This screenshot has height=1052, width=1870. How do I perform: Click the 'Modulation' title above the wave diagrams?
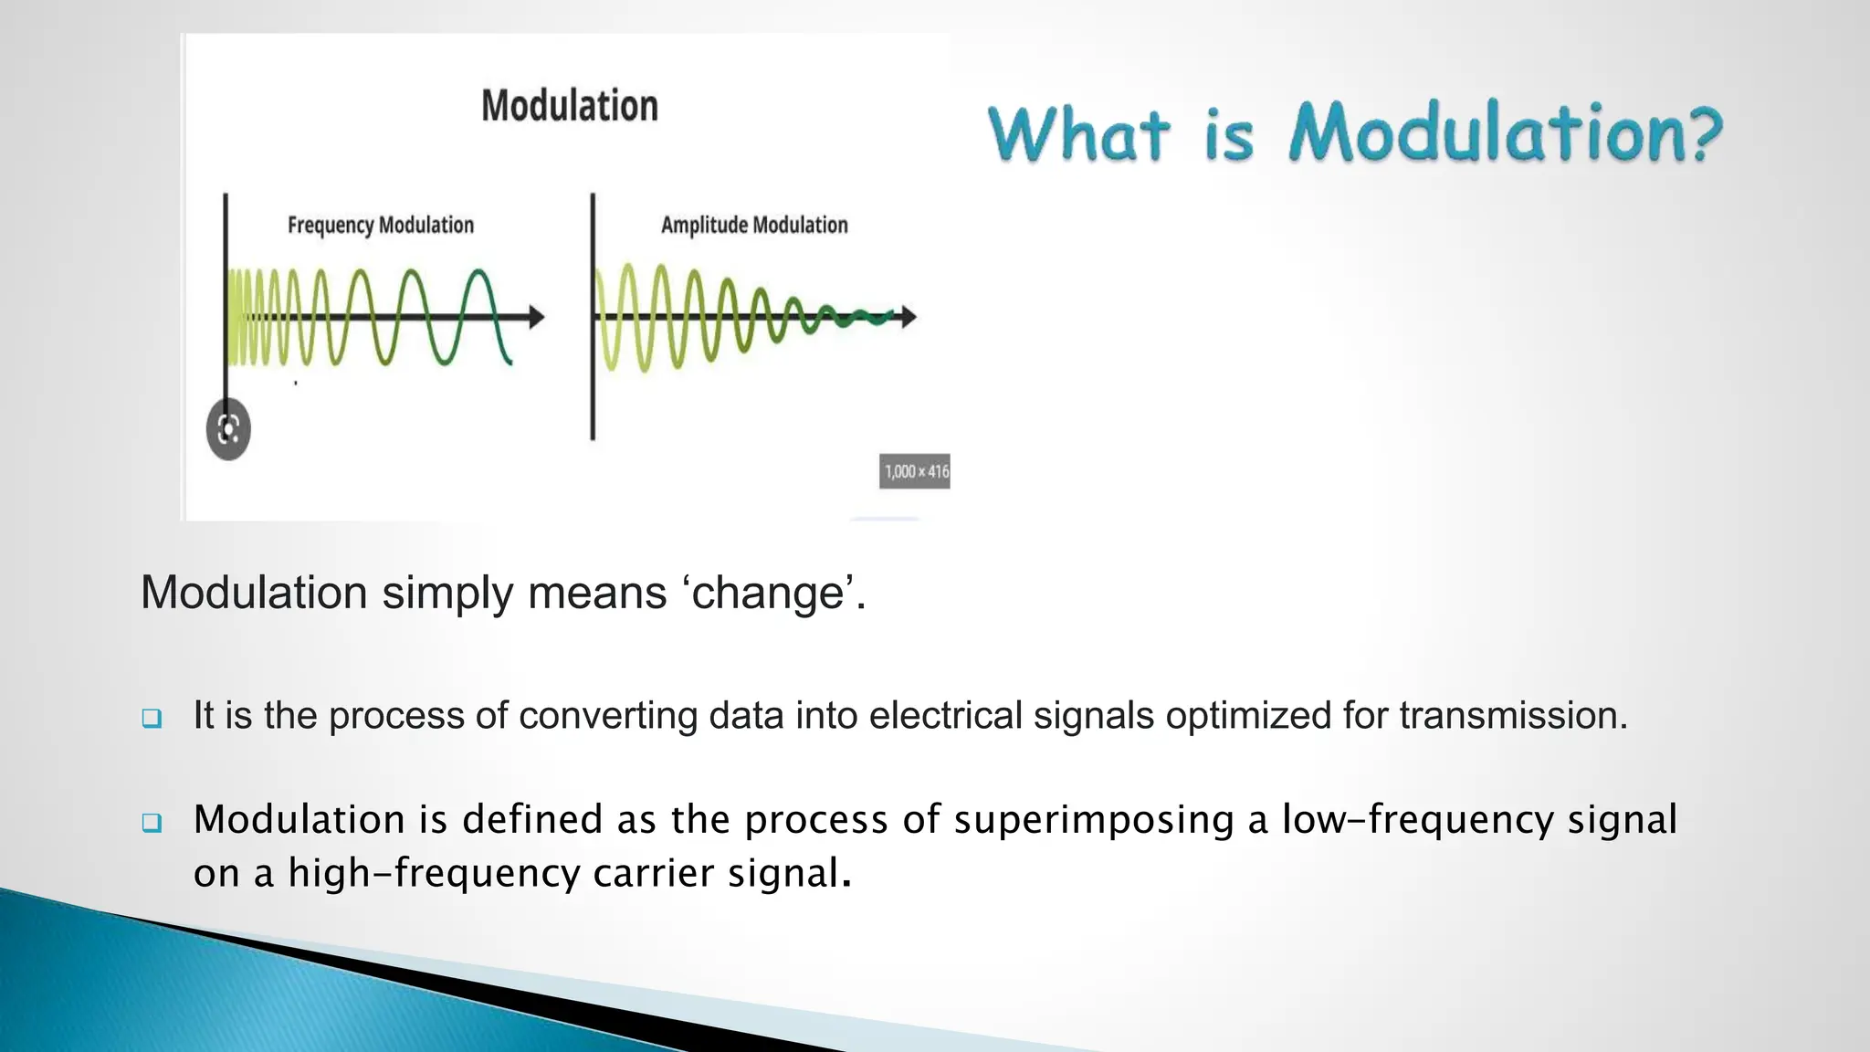(570, 106)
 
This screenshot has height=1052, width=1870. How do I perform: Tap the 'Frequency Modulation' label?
(381, 225)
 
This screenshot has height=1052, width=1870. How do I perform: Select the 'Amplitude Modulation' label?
(754, 225)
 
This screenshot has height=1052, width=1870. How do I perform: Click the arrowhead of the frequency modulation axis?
(538, 317)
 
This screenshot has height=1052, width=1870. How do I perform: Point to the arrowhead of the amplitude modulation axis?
(909, 317)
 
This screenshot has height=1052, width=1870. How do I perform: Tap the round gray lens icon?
(228, 429)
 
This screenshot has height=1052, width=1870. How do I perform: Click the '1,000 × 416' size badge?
(915, 471)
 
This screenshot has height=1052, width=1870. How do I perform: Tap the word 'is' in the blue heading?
(1229, 137)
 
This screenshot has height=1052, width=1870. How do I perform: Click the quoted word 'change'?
(768, 593)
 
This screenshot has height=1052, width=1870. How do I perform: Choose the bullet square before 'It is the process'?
(152, 718)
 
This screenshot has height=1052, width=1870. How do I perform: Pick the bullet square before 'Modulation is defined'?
(152, 822)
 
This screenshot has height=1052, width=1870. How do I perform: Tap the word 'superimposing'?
(1094, 819)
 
